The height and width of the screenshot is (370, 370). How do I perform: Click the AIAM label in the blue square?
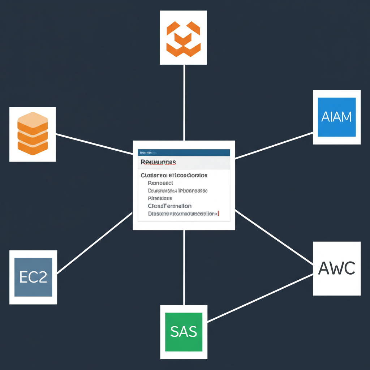coord(336,117)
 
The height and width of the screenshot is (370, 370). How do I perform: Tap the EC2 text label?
coord(33,277)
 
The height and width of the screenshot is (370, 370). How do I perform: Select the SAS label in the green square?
coord(184,331)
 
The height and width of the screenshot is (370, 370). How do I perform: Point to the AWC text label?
coord(337,268)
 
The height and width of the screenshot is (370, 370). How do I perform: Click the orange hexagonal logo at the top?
coord(183,38)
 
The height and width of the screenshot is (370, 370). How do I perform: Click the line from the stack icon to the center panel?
coord(94,144)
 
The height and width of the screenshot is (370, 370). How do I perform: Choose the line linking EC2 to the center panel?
coord(95,242)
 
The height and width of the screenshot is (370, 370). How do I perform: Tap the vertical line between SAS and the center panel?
coord(184,267)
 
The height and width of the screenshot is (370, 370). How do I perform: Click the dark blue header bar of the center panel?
coord(184,152)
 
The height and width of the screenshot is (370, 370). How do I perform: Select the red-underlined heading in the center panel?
coord(158,162)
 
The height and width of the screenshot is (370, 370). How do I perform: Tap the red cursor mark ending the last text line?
coord(219,214)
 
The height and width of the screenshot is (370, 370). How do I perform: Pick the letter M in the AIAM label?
coord(345,117)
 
